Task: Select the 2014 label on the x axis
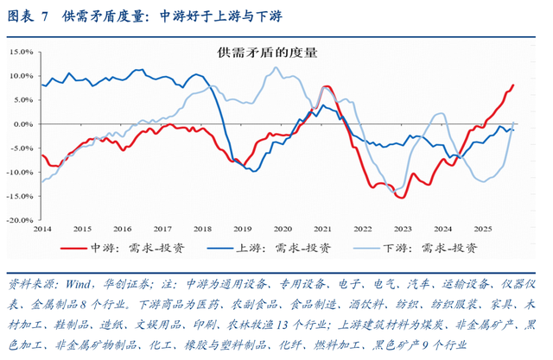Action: pos(41,229)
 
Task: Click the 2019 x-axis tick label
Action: pos(242,229)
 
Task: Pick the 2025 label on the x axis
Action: pos(482,229)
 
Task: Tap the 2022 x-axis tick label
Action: pos(362,229)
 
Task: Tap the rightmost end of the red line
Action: pos(513,85)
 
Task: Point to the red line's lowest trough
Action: pos(401,197)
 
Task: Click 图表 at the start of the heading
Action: pos(20,15)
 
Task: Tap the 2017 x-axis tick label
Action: pos(162,229)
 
